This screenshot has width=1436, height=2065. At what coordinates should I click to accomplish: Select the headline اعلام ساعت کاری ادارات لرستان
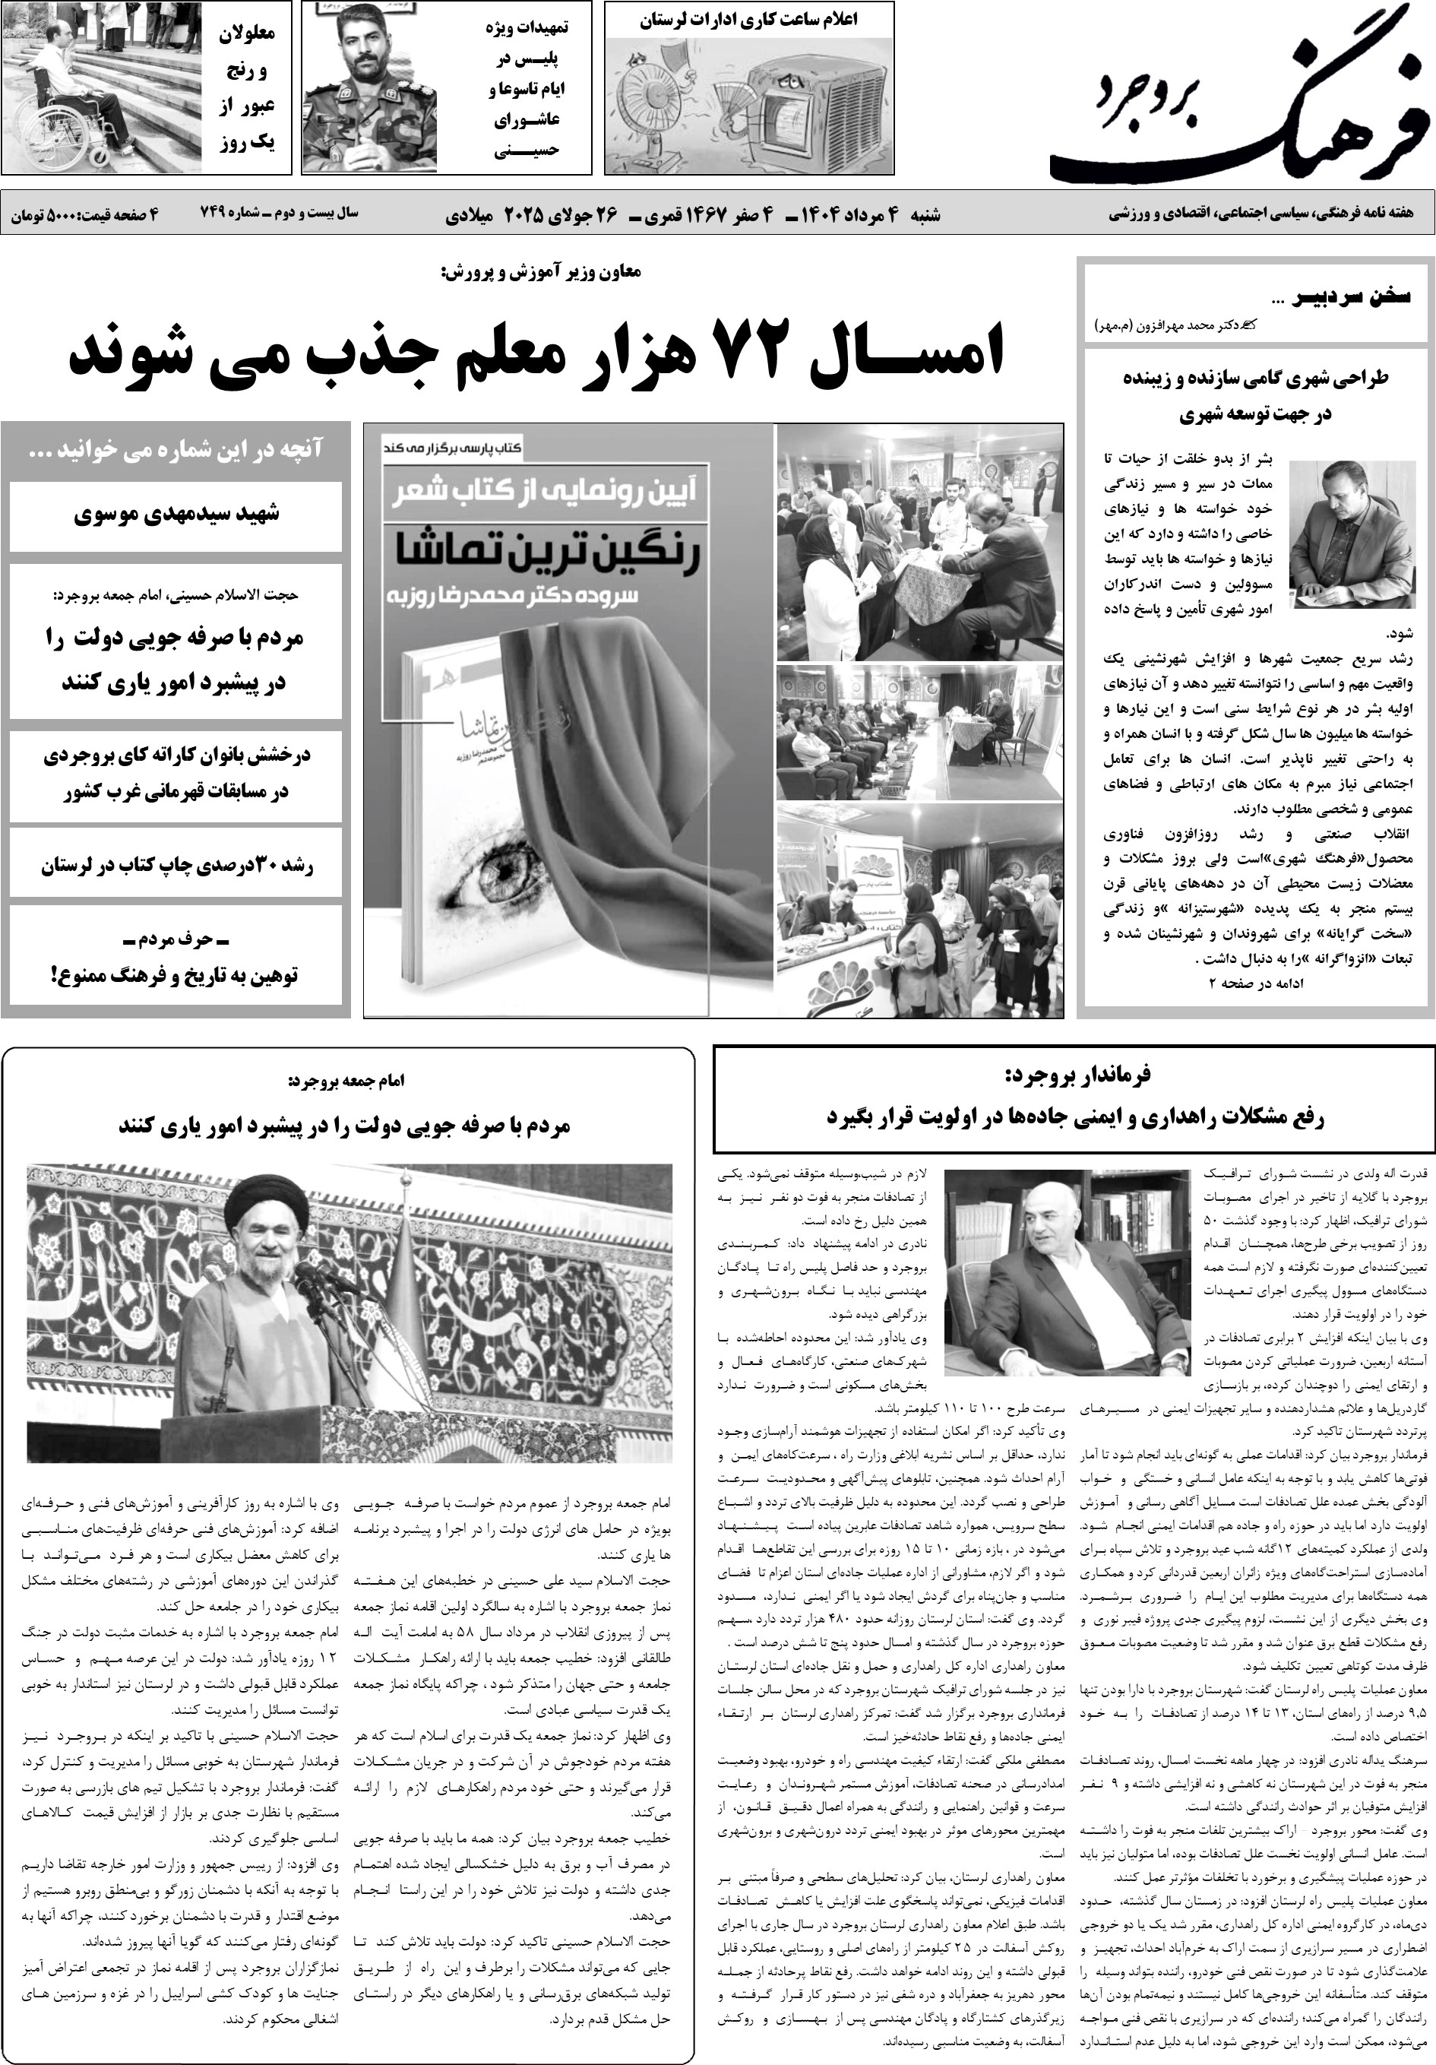coord(749,20)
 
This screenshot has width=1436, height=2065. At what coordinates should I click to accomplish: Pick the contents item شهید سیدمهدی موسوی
coord(176,515)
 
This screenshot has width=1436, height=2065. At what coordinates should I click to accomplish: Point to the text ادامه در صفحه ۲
coord(1255,983)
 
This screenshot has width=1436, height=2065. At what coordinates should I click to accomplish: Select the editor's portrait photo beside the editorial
coord(1352,534)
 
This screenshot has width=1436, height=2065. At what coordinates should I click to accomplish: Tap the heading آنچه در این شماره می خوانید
coord(176,450)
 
